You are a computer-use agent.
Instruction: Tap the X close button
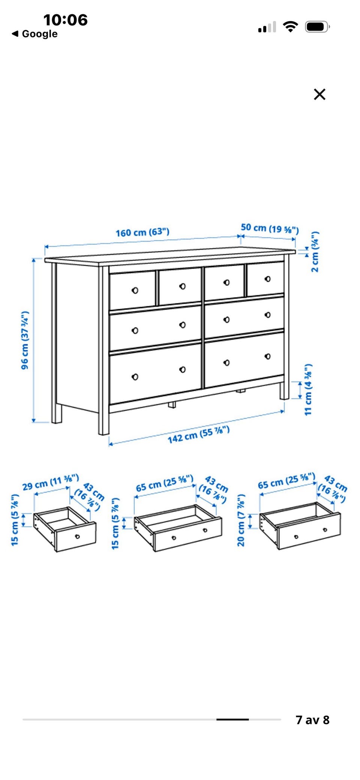coord(319,94)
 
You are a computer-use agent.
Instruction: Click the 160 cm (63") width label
coord(142,232)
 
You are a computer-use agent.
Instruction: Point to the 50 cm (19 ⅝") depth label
coord(270,228)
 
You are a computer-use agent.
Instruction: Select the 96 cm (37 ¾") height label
coord(25,340)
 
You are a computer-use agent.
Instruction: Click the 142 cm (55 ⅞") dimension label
coord(198,434)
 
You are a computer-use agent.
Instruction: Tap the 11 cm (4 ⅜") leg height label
coord(308,389)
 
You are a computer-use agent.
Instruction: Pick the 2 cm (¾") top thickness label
coord(315,252)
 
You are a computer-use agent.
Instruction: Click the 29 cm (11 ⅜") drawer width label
coord(51,482)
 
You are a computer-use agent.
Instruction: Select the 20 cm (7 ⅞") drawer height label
coord(241,520)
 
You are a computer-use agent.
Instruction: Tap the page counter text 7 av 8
coord(312,720)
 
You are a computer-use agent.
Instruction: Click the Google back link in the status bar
coord(35,34)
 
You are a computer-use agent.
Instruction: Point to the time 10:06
coord(65,19)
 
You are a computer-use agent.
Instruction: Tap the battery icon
coord(317,27)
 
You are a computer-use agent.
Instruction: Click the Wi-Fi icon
coord(290,27)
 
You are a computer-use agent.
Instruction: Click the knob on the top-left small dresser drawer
coord(135,290)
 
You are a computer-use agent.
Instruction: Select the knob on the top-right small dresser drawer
coord(267,279)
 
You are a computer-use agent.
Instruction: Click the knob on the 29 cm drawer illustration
coord(77,536)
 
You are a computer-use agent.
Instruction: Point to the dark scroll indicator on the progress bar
coord(232,719)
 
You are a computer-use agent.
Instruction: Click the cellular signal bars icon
coord(267,27)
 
